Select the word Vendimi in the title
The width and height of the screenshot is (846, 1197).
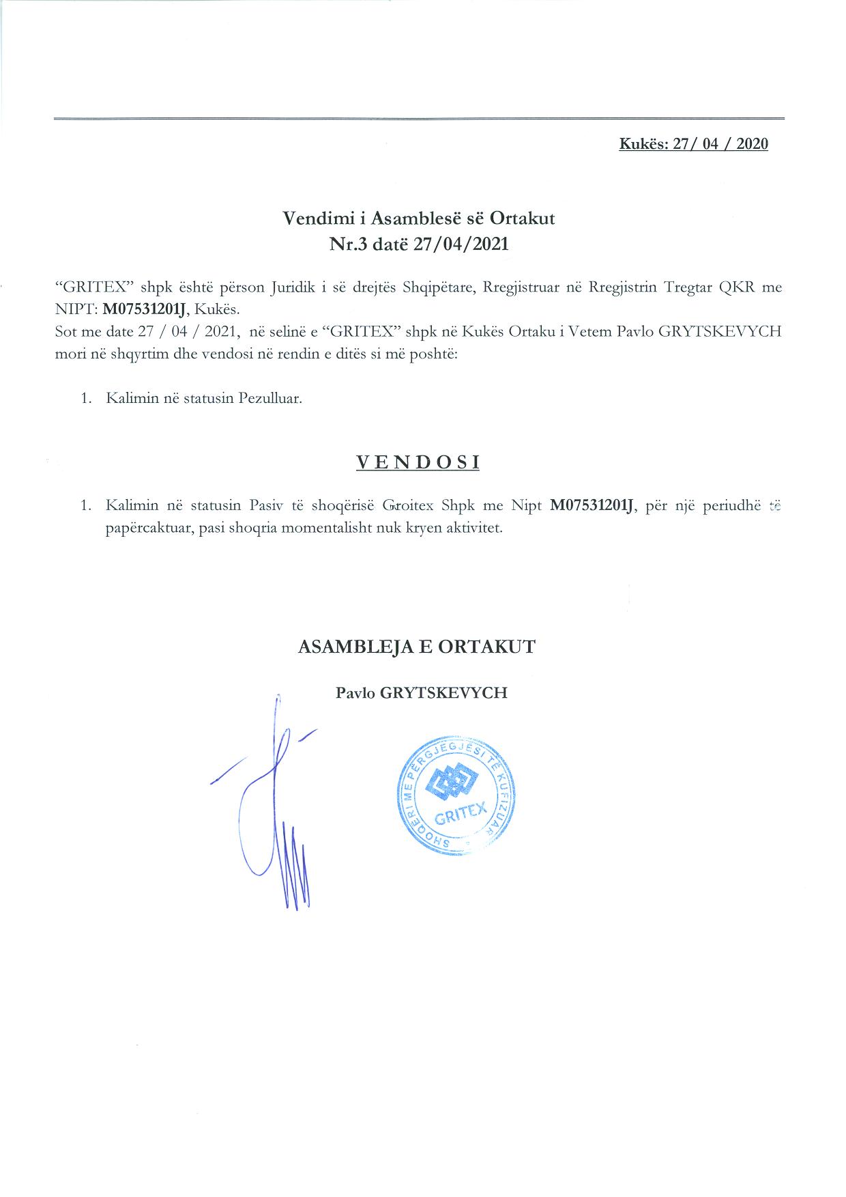[x=310, y=219]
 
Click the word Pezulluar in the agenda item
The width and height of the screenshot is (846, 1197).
[x=270, y=398]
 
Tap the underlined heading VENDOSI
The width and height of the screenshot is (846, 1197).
[x=418, y=462]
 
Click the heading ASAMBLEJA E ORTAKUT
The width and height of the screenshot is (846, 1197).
[x=417, y=647]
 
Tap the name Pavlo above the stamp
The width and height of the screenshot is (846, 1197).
[x=354, y=692]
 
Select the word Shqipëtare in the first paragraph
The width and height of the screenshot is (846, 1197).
[x=439, y=287]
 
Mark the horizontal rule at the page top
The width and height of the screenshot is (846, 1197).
[x=419, y=119]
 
